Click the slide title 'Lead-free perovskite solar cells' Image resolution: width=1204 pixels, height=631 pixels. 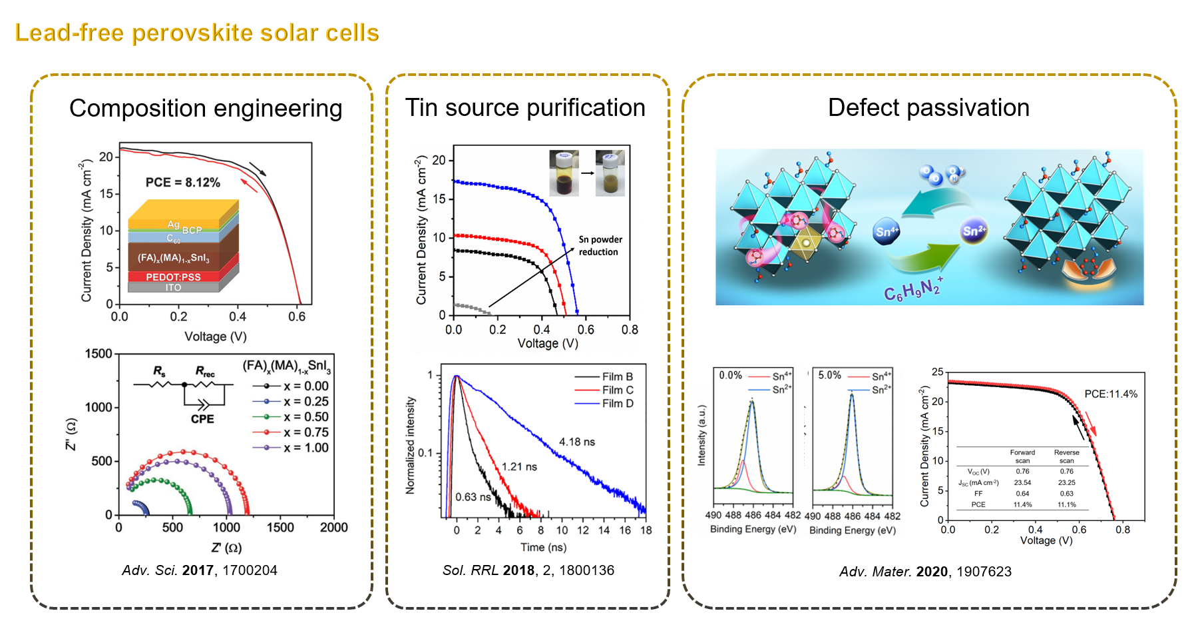click(197, 33)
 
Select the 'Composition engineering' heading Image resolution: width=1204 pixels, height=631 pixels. click(206, 109)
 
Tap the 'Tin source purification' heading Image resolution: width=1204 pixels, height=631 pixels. click(525, 108)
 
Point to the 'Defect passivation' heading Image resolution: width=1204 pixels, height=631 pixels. click(928, 108)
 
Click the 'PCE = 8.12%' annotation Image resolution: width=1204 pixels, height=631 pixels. click(183, 183)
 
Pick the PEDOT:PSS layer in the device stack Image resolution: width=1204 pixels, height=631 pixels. click(173, 277)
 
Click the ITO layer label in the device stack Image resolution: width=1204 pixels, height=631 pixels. click(173, 288)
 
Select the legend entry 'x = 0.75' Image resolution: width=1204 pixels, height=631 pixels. click(305, 432)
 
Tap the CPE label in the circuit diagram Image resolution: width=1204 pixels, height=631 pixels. click(202, 419)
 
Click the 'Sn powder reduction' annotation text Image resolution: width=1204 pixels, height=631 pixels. click(600, 246)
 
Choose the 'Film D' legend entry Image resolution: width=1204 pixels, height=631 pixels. click(617, 404)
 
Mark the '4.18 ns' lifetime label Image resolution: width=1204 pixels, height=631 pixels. click(577, 442)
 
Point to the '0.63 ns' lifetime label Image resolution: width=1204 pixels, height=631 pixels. click(473, 497)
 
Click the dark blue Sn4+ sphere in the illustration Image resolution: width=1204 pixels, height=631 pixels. click(886, 232)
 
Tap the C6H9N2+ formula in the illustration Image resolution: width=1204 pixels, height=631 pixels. click(912, 289)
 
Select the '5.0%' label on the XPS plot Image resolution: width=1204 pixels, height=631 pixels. click(829, 375)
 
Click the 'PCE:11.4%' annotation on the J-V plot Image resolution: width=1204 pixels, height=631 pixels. click(1111, 394)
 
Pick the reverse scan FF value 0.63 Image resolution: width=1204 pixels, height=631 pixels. click(1066, 494)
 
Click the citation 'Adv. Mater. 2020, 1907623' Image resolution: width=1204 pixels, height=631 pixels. click(925, 572)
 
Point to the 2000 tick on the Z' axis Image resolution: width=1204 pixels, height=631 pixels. click(333, 528)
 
